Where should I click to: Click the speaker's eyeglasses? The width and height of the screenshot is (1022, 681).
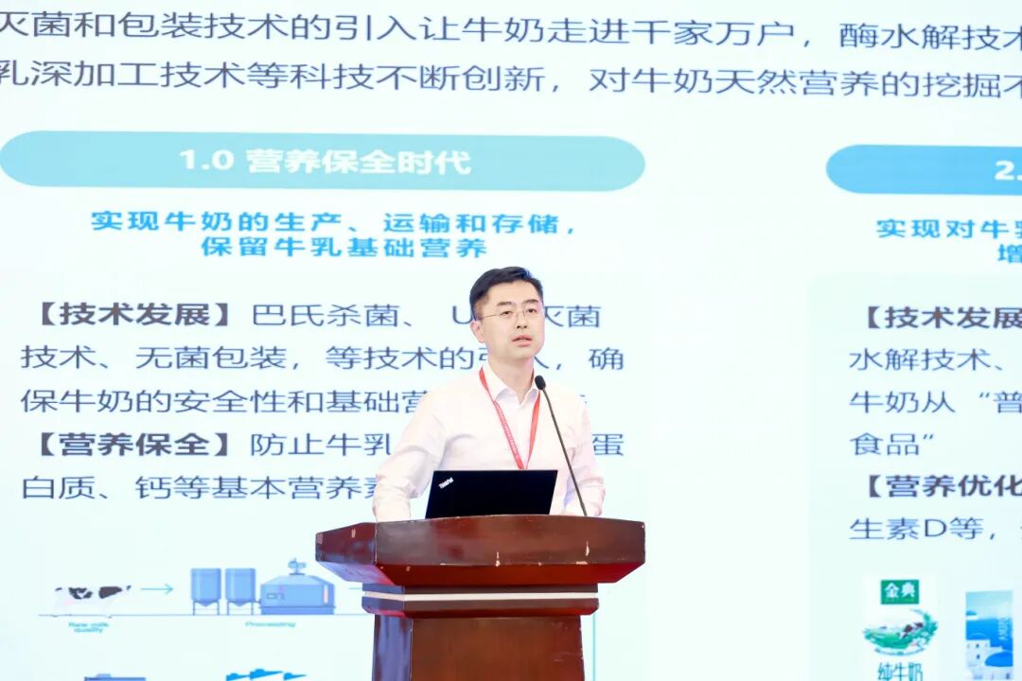[x=510, y=313]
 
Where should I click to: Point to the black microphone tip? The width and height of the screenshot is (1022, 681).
[x=540, y=382]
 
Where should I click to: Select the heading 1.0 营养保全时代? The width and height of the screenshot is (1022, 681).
[x=325, y=161]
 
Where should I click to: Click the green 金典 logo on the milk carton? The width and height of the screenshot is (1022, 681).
[x=899, y=592]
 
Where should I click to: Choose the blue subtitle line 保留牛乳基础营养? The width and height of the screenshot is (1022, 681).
[x=344, y=248]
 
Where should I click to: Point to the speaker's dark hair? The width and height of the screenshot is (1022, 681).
[x=505, y=282]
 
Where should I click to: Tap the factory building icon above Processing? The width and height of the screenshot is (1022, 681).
[x=296, y=590]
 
